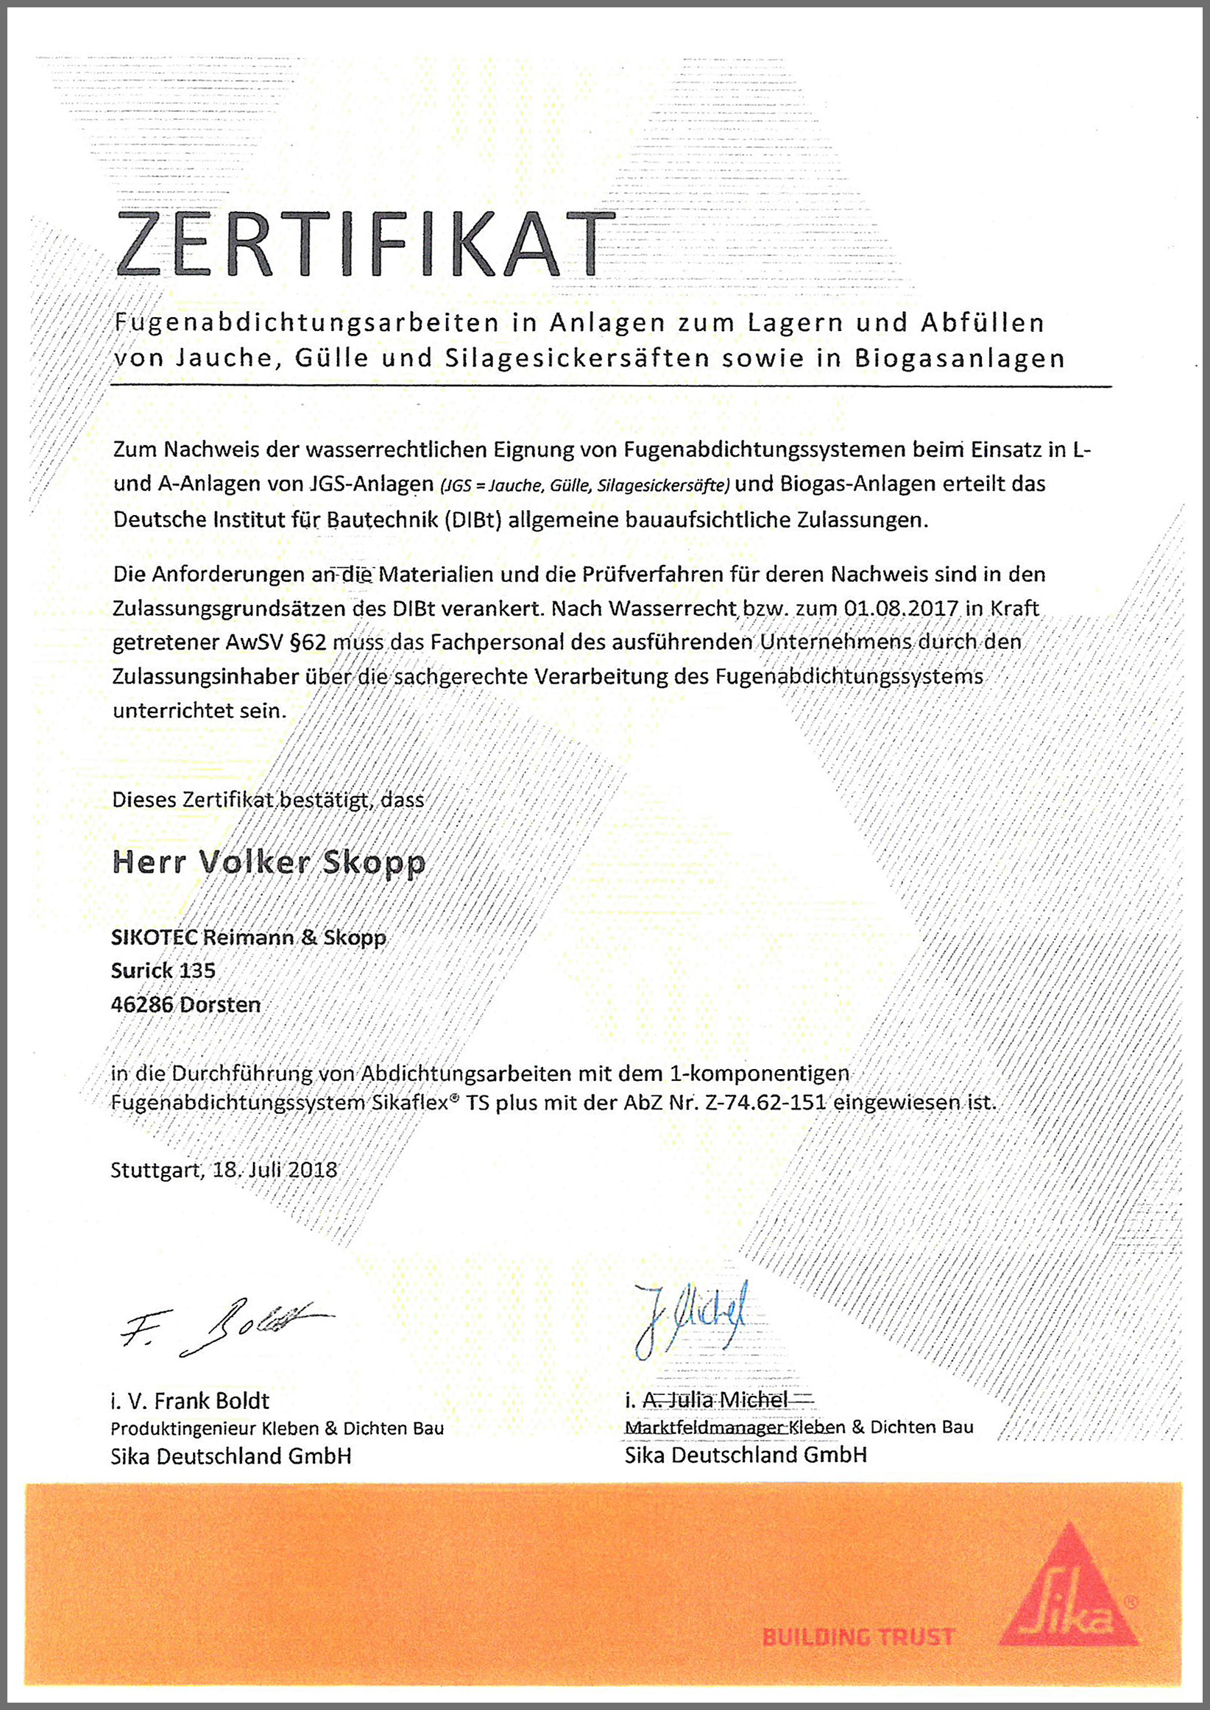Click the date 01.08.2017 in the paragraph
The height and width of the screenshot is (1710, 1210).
point(901,608)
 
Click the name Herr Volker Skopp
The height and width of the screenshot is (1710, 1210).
point(268,862)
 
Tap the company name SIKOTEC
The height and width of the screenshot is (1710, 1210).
point(155,937)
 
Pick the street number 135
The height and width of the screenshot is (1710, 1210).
point(197,971)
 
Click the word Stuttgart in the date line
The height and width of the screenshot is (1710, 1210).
point(155,1169)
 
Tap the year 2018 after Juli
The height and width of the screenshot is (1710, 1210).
point(312,1169)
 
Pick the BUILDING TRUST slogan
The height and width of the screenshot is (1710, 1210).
point(857,1637)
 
